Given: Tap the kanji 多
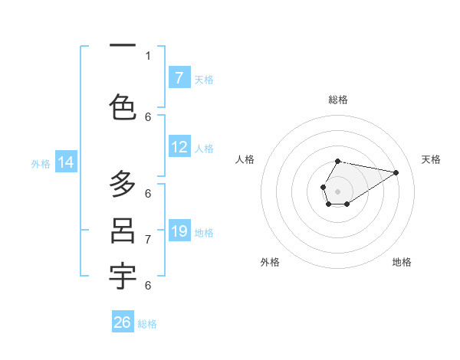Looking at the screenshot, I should pos(123,184).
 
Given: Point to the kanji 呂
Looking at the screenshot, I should pos(123,231).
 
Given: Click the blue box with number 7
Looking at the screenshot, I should pos(179,78).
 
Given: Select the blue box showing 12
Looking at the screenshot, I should pos(179,148).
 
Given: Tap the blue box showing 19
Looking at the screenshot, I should pos(179,231).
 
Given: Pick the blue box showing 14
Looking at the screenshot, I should pos(66,162).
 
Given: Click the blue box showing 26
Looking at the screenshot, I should pos(123,322).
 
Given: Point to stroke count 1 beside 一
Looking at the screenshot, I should pos(148,55).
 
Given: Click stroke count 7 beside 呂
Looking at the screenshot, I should pos(148,239).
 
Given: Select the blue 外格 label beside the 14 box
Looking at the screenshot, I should pos(41,163).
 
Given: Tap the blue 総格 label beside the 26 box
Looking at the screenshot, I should pos(147,324).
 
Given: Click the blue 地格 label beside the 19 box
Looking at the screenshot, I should pos(204,232).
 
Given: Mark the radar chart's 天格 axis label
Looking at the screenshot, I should pos(431,159).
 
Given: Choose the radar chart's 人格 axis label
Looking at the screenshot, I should pos(245,159).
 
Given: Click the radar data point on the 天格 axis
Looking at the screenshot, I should pos(396,172).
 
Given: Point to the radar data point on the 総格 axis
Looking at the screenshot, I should pos(338,161).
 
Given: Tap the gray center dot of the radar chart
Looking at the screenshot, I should pos(337,190).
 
